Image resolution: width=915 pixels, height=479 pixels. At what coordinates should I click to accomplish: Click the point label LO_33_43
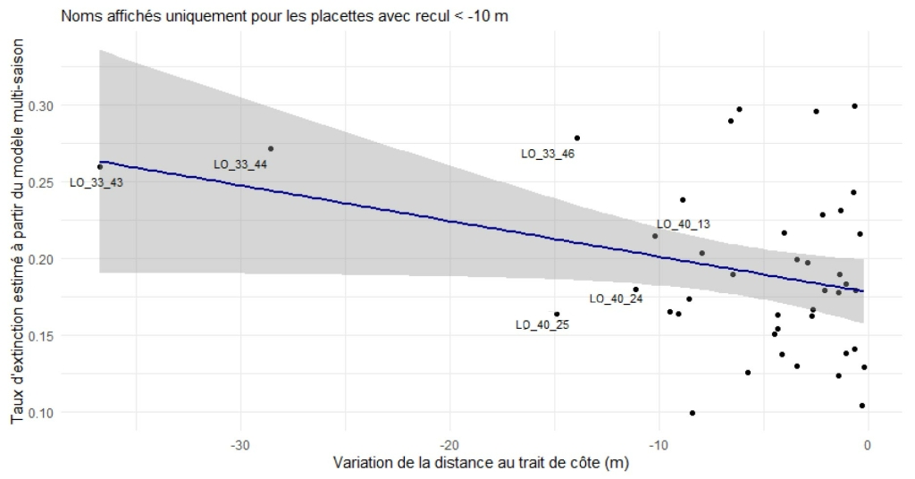click(97, 182)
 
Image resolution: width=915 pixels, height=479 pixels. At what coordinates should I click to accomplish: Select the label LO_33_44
click(240, 164)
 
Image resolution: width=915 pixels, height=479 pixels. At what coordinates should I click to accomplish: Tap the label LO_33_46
click(547, 154)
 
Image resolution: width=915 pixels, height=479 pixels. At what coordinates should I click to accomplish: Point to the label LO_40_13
click(683, 224)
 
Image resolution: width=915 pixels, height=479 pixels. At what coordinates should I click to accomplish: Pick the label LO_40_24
click(617, 298)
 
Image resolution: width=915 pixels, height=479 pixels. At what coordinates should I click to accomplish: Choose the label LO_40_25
click(541, 324)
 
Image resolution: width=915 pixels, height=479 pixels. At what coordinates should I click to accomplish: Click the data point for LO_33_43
click(100, 167)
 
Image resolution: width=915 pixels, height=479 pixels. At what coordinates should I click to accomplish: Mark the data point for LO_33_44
click(271, 149)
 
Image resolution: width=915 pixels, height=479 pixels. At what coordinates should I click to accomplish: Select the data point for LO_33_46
click(577, 139)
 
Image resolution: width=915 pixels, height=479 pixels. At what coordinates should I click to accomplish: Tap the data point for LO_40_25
click(557, 315)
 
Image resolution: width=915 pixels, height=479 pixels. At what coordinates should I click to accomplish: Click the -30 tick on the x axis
click(239, 445)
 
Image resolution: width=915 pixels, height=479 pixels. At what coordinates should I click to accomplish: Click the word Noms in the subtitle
click(78, 15)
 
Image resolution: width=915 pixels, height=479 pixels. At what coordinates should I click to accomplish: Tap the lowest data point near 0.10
click(693, 413)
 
